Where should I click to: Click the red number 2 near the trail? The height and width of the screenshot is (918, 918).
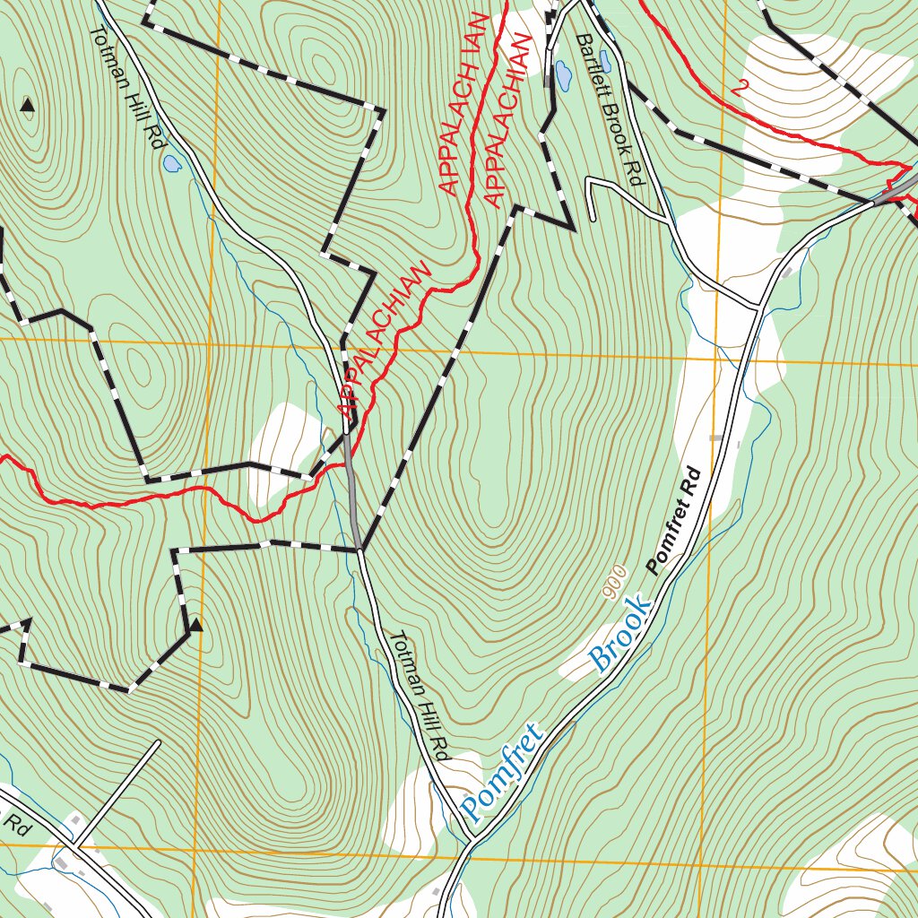pyautogui.click(x=740, y=88)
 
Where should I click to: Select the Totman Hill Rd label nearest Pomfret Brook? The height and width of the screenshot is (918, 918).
pyautogui.click(x=418, y=696)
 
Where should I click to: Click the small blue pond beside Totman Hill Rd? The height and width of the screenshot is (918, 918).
pyautogui.click(x=171, y=164)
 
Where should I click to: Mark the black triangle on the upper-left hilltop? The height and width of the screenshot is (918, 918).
pyautogui.click(x=27, y=106)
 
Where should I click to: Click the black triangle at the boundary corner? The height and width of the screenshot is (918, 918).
pyautogui.click(x=195, y=626)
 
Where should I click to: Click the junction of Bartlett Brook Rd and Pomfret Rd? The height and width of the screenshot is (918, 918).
pyautogui.click(x=760, y=306)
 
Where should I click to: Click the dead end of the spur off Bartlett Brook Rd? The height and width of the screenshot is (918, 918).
pyautogui.click(x=593, y=218)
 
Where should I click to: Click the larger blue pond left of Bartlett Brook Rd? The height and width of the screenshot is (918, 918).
pyautogui.click(x=563, y=75)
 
